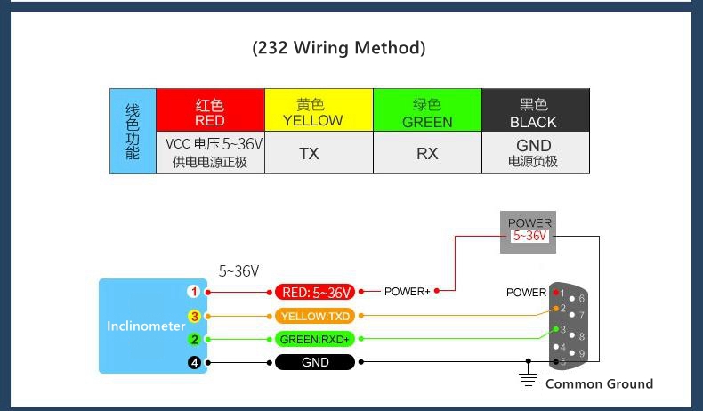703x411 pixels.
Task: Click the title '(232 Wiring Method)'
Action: point(339,48)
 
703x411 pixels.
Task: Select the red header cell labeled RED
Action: point(210,109)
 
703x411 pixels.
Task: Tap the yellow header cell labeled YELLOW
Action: point(319,109)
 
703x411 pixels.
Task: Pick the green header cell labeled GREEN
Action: point(427,109)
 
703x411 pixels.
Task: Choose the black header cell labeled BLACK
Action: point(536,109)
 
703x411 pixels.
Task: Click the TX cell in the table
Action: point(319,153)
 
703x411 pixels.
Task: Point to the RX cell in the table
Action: point(427,153)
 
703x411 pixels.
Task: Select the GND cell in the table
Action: point(536,153)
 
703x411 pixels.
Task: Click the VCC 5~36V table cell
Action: point(210,153)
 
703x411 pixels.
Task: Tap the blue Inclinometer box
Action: point(153,326)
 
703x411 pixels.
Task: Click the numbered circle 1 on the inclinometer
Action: point(194,292)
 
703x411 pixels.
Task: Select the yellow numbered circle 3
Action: point(194,316)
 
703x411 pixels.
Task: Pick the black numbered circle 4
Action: point(194,362)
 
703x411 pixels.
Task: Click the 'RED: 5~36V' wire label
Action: point(315,292)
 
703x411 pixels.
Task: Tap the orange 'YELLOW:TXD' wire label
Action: point(315,316)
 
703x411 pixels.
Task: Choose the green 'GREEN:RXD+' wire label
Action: point(315,339)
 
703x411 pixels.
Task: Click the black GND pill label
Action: point(315,362)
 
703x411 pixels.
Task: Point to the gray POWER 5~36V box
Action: point(529,232)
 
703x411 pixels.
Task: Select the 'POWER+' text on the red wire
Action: point(407,291)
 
